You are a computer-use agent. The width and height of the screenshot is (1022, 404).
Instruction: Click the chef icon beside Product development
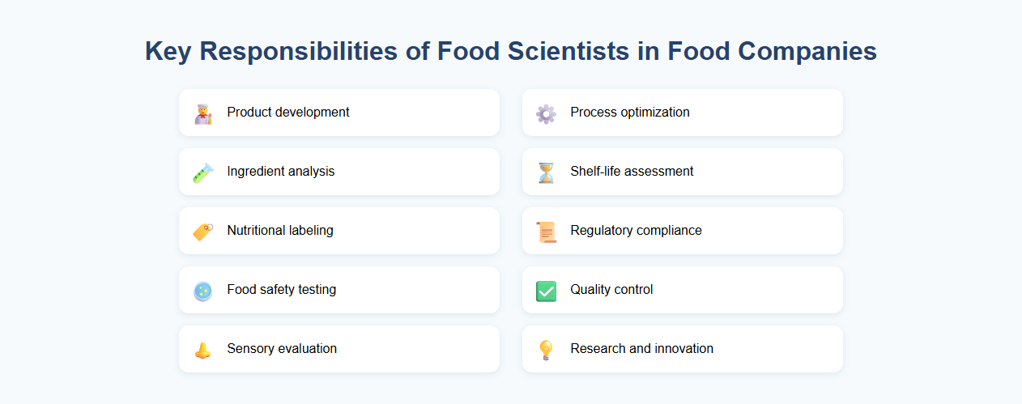pyautogui.click(x=202, y=113)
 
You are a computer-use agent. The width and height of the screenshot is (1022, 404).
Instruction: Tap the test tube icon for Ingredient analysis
pyautogui.click(x=202, y=172)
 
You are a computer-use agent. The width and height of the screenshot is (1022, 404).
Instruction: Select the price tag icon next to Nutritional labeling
pyautogui.click(x=202, y=232)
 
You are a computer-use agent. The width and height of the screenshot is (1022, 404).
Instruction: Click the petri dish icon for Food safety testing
pyautogui.click(x=202, y=291)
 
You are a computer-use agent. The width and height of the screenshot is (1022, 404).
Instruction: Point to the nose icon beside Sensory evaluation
pyautogui.click(x=202, y=350)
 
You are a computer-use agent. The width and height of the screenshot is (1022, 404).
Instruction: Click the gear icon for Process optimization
pyautogui.click(x=546, y=113)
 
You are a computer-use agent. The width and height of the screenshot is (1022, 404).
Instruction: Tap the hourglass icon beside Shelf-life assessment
pyautogui.click(x=546, y=172)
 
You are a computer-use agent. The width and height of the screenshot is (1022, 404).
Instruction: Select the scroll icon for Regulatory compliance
pyautogui.click(x=546, y=232)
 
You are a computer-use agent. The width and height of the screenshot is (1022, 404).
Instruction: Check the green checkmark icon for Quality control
pyautogui.click(x=546, y=291)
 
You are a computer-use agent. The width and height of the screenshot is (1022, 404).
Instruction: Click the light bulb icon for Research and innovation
pyautogui.click(x=546, y=350)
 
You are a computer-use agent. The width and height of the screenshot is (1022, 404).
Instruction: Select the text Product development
pyautogui.click(x=288, y=113)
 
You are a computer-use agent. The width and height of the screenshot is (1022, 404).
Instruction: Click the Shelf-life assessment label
pyautogui.click(x=632, y=172)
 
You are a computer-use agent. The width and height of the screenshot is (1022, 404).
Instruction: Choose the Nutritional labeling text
pyautogui.click(x=280, y=231)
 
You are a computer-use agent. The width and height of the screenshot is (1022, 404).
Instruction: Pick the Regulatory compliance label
pyautogui.click(x=636, y=231)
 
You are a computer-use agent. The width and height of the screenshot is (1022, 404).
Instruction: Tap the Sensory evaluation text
pyautogui.click(x=282, y=349)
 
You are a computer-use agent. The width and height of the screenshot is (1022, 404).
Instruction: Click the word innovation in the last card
pyautogui.click(x=683, y=349)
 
